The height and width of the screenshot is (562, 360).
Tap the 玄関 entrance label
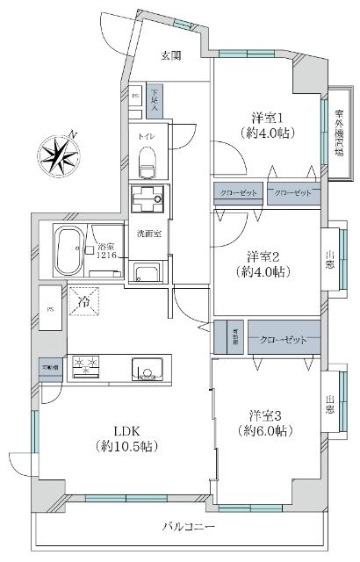pyautogui.click(x=170, y=55)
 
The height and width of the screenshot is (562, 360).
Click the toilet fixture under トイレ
pyautogui.click(x=147, y=161)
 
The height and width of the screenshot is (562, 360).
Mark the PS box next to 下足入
pyautogui.click(x=134, y=95)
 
